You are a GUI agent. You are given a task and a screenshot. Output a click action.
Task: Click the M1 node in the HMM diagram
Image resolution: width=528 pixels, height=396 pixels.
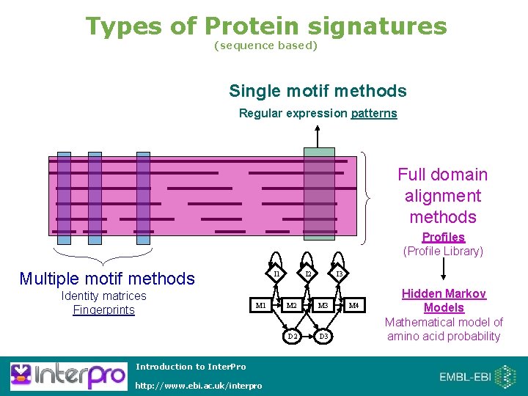(x=260, y=305)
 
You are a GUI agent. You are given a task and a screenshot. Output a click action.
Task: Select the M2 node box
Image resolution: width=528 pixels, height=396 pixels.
(x=292, y=305)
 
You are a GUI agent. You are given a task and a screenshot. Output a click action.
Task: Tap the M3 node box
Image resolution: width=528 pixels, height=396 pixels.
(x=322, y=305)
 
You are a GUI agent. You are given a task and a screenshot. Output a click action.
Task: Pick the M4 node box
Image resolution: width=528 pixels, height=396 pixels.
(x=353, y=305)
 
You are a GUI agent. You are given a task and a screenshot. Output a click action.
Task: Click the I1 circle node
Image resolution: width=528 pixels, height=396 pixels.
(x=276, y=274)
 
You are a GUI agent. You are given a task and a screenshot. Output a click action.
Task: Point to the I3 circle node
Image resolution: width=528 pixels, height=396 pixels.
(x=338, y=274)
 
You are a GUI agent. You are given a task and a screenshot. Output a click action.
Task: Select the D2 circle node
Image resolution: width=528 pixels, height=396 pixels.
(x=292, y=336)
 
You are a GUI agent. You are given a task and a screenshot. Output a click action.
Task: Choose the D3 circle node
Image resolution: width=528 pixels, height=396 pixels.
(x=323, y=336)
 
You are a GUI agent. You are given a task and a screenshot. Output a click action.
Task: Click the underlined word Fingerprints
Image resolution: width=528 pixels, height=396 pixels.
(x=103, y=309)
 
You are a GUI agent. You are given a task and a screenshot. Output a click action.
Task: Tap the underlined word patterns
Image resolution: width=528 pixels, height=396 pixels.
(x=374, y=113)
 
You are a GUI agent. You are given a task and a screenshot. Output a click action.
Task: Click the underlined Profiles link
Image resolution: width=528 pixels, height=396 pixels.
(x=443, y=237)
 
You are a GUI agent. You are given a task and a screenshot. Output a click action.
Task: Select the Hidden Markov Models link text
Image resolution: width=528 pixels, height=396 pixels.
(x=444, y=301)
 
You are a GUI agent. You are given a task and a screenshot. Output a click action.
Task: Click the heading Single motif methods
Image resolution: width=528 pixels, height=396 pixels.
(x=318, y=91)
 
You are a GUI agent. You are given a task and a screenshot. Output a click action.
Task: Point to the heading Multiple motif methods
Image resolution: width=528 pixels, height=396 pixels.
(x=107, y=278)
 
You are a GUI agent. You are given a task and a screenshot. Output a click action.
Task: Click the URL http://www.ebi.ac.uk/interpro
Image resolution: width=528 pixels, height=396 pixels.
(x=199, y=386)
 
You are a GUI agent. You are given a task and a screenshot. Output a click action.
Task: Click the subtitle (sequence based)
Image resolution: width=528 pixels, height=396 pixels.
(x=265, y=45)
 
